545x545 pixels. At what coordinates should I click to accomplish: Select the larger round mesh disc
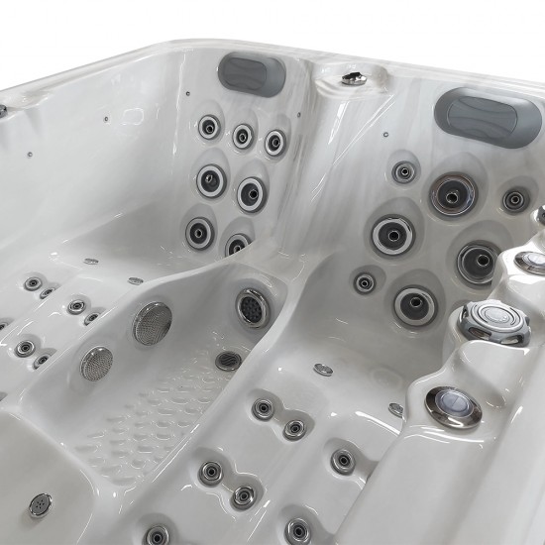152,323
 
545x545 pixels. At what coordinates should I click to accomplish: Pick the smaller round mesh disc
96,363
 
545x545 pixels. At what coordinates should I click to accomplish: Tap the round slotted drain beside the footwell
229,361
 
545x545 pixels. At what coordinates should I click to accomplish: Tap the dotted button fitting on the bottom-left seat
40,504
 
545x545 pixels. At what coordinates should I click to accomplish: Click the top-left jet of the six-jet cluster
209,127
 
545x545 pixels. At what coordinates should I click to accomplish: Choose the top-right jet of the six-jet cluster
274,142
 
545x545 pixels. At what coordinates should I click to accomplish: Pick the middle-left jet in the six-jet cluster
210,180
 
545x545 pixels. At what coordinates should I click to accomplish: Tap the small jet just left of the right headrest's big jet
403,171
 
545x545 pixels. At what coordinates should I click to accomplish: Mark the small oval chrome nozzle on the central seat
323,370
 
